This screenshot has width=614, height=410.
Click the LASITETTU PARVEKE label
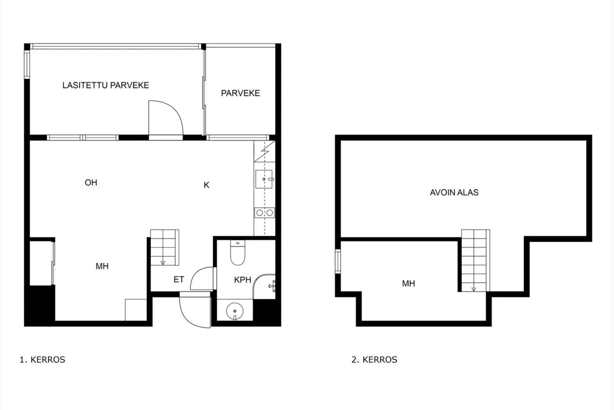coord(106,85)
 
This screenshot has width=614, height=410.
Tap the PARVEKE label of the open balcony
coord(240,93)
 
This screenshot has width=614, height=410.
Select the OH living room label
coord(91,183)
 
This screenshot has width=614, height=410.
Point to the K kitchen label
coord(206,185)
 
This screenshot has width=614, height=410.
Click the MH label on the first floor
coord(102,266)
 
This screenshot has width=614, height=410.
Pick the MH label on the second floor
coord(408,283)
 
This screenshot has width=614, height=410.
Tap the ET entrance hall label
coord(179,279)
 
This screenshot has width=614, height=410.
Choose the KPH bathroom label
coord(242,280)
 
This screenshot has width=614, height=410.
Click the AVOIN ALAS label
coord(454,193)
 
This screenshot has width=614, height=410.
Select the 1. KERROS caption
coord(42,360)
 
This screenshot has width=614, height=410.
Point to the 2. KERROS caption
coord(374,360)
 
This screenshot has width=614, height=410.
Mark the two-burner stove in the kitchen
coord(265,213)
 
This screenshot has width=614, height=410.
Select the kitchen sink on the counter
coord(264,179)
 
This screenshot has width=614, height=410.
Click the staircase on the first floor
coord(164,248)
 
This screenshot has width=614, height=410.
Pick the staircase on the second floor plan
coord(476,261)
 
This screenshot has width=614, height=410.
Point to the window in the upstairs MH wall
coord(338,261)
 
